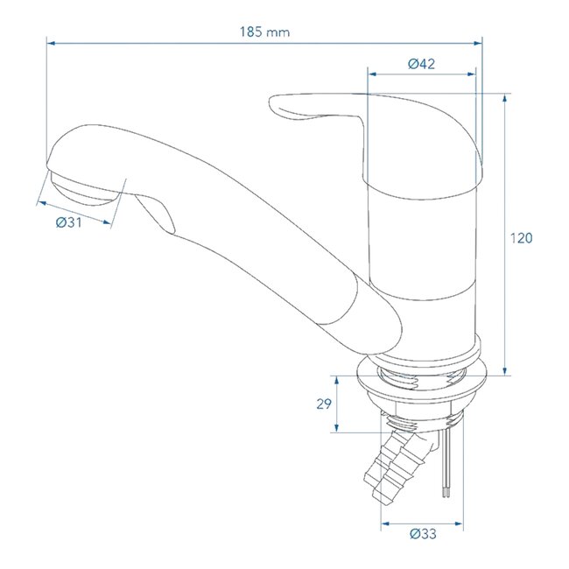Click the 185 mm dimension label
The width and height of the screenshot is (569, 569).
click(264, 32)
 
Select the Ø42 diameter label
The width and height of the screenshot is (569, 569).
click(421, 63)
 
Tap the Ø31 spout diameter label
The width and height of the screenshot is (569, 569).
click(68, 223)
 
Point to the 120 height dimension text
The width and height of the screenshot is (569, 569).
click(522, 237)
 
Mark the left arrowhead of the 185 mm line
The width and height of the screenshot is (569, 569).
click(49, 41)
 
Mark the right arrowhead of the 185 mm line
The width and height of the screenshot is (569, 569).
click(480, 41)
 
